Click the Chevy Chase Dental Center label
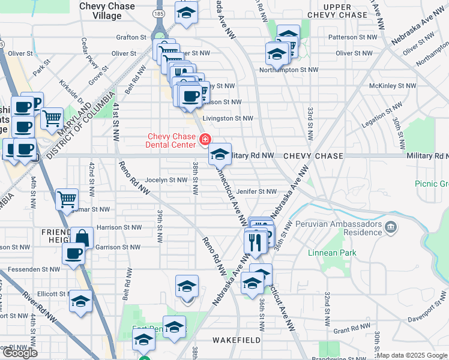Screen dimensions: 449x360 (172, 140)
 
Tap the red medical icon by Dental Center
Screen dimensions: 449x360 (205, 140)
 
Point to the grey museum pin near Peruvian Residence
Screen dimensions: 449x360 (391, 227)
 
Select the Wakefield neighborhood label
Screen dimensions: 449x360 (237, 340)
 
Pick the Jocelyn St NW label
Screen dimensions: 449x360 (166, 179)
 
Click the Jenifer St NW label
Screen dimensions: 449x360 (256, 192)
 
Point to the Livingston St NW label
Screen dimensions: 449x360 (228, 119)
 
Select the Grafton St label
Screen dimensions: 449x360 (131, 37)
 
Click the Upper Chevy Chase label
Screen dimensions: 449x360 (345, 10)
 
